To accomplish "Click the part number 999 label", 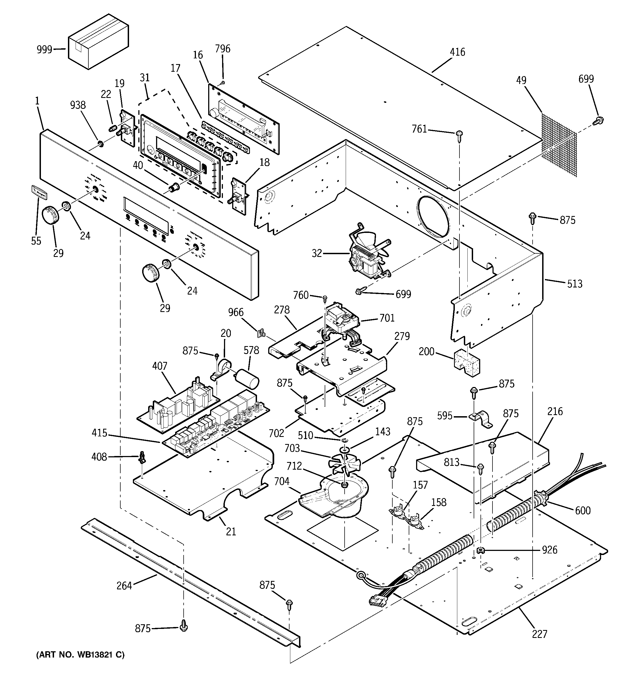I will (44, 50).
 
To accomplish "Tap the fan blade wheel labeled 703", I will (344, 463).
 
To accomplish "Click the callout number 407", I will (160, 366).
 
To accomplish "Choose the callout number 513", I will (574, 284).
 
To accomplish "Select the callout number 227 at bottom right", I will (540, 634).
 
